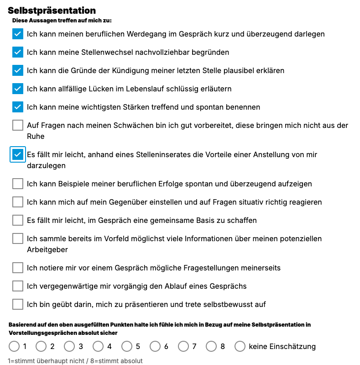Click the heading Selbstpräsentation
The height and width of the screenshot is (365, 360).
coord(52,11)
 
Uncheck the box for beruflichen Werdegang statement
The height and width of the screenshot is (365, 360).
coord(18,34)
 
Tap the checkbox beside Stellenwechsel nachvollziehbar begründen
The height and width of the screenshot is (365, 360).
coord(18,52)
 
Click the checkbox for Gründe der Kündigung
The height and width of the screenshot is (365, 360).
coord(18,70)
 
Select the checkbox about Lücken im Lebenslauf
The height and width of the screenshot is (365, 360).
coord(18,89)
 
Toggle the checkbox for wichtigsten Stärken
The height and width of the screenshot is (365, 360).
coord(18,107)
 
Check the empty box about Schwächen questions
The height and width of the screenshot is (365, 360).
coord(18,125)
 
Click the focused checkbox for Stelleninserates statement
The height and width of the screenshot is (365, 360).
coord(18,154)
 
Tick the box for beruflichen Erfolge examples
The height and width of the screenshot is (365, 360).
coord(18,184)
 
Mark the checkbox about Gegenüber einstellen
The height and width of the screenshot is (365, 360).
coord(18,202)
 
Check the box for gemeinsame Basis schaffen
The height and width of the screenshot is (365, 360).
coord(18,220)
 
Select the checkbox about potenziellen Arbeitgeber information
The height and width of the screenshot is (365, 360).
coord(18,238)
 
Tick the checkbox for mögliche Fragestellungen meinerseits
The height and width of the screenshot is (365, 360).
coord(18,268)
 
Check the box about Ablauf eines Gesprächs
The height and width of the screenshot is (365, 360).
coord(18,286)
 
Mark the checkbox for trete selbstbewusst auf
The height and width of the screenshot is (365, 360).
coord(18,304)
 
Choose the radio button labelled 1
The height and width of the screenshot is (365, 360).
coord(14,346)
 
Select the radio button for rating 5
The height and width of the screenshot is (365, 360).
coord(127,346)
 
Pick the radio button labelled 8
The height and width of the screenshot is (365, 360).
coord(211,346)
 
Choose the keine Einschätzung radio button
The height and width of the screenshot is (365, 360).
coord(240,346)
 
